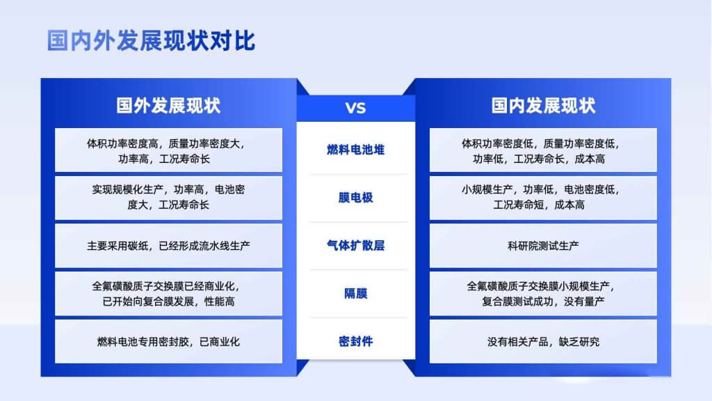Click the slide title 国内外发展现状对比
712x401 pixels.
click(151, 41)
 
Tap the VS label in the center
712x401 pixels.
click(355, 108)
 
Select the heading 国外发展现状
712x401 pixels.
click(168, 106)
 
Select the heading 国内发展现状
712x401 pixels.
click(543, 106)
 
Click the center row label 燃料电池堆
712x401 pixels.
click(355, 150)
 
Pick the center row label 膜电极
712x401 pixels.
click(355, 197)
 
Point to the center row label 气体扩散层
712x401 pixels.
click(355, 246)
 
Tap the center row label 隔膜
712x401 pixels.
click(355, 294)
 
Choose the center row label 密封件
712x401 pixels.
click(355, 341)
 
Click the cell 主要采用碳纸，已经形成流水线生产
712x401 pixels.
click(168, 246)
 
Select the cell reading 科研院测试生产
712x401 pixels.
click(543, 246)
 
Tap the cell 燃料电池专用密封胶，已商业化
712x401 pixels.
click(168, 341)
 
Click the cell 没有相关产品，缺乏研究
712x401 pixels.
click(543, 341)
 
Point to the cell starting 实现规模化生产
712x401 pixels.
click(168, 197)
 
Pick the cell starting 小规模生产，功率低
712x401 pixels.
click(543, 197)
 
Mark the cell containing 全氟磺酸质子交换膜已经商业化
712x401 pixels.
click(168, 294)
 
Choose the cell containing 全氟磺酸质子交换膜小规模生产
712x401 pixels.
click(543, 294)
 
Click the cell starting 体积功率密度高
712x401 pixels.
click(168, 150)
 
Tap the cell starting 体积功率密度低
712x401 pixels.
click(543, 150)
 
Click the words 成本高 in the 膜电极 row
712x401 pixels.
click(569, 205)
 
